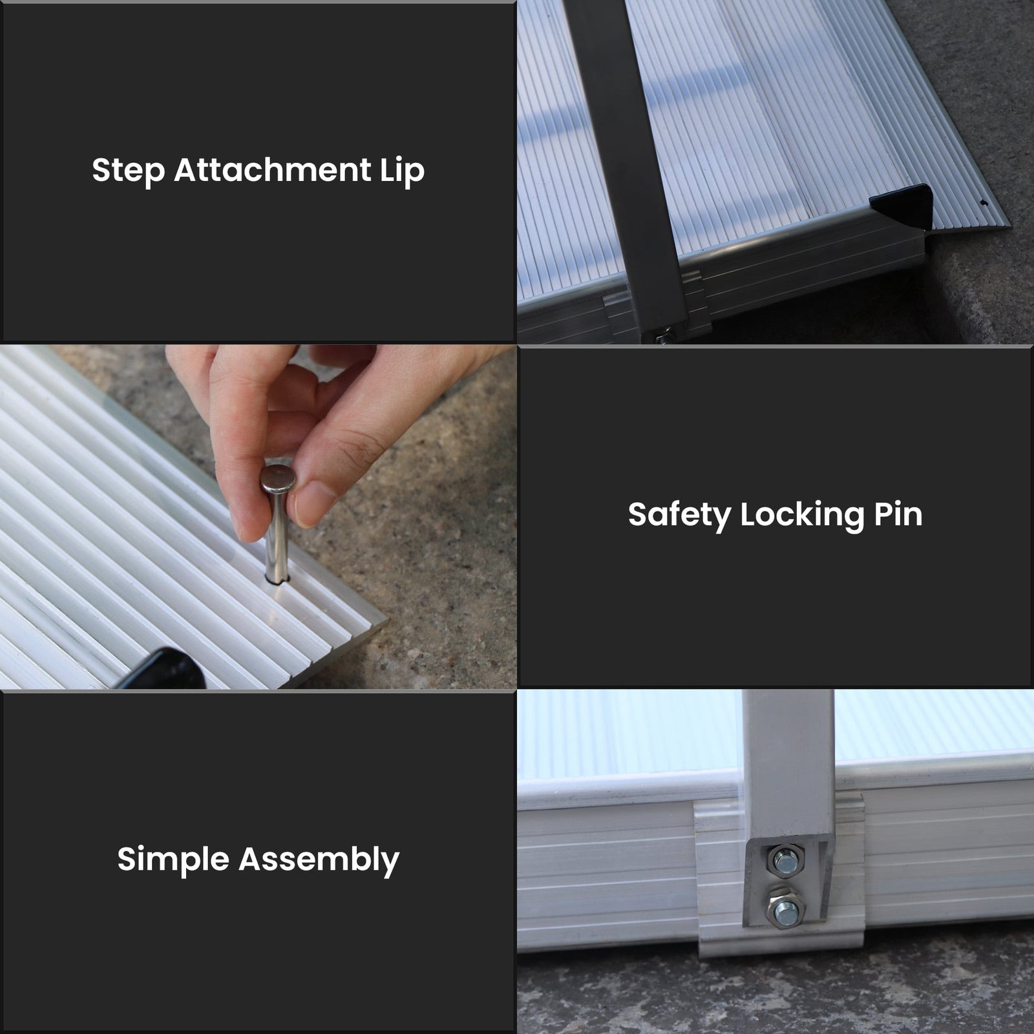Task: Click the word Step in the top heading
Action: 128,171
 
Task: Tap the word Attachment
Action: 271,170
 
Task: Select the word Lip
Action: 401,171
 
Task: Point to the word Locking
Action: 801,515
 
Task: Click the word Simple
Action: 173,860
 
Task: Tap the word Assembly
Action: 319,860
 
